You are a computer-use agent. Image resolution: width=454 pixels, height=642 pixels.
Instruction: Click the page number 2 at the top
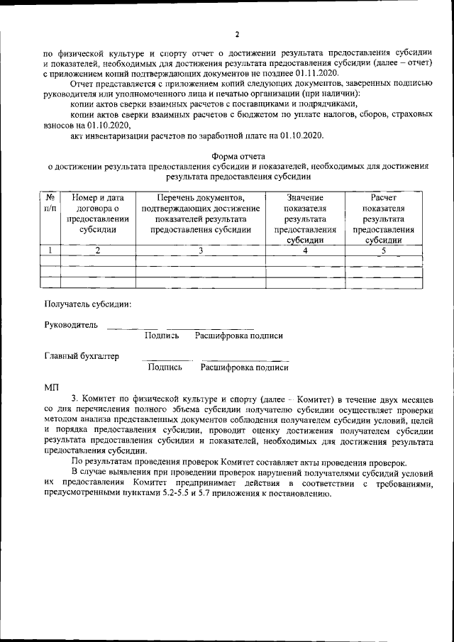click(238, 33)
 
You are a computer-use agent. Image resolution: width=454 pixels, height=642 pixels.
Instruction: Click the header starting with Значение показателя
click(305, 218)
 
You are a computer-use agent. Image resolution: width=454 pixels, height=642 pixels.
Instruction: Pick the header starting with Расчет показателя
click(383, 218)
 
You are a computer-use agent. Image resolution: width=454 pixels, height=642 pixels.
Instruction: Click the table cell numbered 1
click(50, 250)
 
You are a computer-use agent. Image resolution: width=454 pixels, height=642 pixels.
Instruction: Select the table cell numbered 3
click(201, 250)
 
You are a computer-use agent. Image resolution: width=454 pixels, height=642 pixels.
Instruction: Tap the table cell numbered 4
click(305, 250)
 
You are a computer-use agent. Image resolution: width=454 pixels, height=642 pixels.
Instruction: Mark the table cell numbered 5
click(383, 250)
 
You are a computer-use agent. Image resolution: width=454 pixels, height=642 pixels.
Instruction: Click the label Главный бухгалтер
click(82, 356)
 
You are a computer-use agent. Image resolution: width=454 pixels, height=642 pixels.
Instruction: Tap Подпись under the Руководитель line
click(161, 336)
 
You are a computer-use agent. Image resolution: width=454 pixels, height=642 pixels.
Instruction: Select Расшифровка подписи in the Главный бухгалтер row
click(245, 367)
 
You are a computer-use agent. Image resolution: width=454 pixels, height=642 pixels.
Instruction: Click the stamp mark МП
click(52, 387)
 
